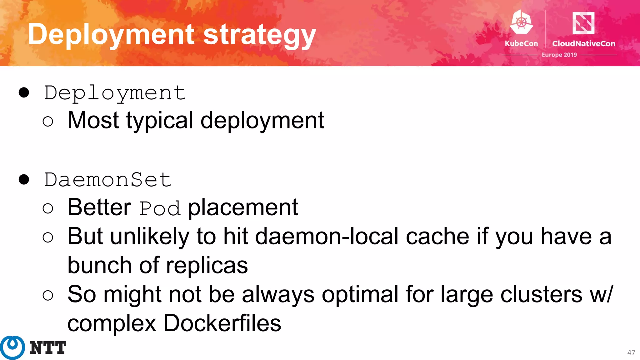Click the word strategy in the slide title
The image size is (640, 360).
click(x=259, y=35)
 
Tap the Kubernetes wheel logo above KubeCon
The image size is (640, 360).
click(x=521, y=22)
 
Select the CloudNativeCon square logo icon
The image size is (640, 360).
click(x=583, y=22)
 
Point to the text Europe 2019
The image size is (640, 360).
click(x=559, y=55)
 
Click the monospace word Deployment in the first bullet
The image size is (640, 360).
click(x=115, y=93)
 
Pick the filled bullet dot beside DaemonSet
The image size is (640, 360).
click(x=24, y=179)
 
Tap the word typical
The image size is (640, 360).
click(x=160, y=121)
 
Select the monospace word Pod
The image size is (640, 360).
click(x=160, y=208)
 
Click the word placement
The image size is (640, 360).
click(x=243, y=207)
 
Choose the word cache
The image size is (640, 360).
click(x=437, y=236)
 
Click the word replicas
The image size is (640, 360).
click(x=207, y=265)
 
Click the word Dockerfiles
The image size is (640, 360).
click(x=222, y=323)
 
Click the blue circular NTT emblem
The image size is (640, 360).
click(x=12, y=347)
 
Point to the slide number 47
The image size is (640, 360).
click(x=631, y=352)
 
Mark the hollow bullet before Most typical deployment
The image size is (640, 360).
click(x=48, y=121)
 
